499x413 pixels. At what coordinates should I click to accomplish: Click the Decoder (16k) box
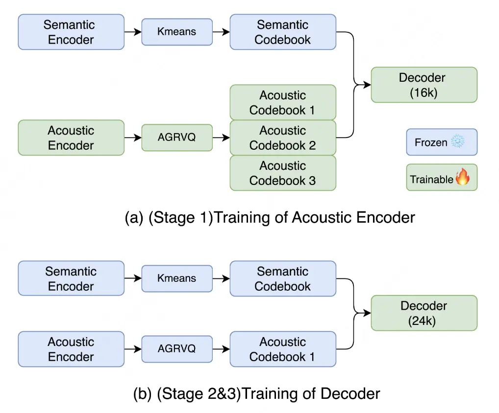424,85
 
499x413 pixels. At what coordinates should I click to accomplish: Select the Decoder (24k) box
424,313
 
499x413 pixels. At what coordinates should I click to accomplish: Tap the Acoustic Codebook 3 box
283,173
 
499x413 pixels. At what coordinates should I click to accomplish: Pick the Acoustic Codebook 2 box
283,138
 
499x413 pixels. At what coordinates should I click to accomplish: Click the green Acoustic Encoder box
71,138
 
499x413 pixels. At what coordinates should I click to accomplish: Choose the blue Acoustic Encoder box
71,349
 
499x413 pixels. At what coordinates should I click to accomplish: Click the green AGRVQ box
177,138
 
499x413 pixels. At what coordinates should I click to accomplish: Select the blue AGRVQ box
177,349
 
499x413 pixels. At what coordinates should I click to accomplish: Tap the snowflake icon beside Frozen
458,142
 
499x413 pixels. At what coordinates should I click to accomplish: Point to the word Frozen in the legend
431,143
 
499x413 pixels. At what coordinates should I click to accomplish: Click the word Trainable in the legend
431,179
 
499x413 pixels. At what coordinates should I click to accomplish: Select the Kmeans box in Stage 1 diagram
177,32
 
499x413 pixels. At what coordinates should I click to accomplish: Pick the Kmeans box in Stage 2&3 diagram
177,278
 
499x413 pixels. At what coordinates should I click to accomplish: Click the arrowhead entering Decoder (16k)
368,85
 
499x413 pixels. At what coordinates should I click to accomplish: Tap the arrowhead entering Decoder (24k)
368,314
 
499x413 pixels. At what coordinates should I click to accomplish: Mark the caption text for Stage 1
270,217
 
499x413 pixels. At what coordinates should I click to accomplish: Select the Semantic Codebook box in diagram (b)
283,278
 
